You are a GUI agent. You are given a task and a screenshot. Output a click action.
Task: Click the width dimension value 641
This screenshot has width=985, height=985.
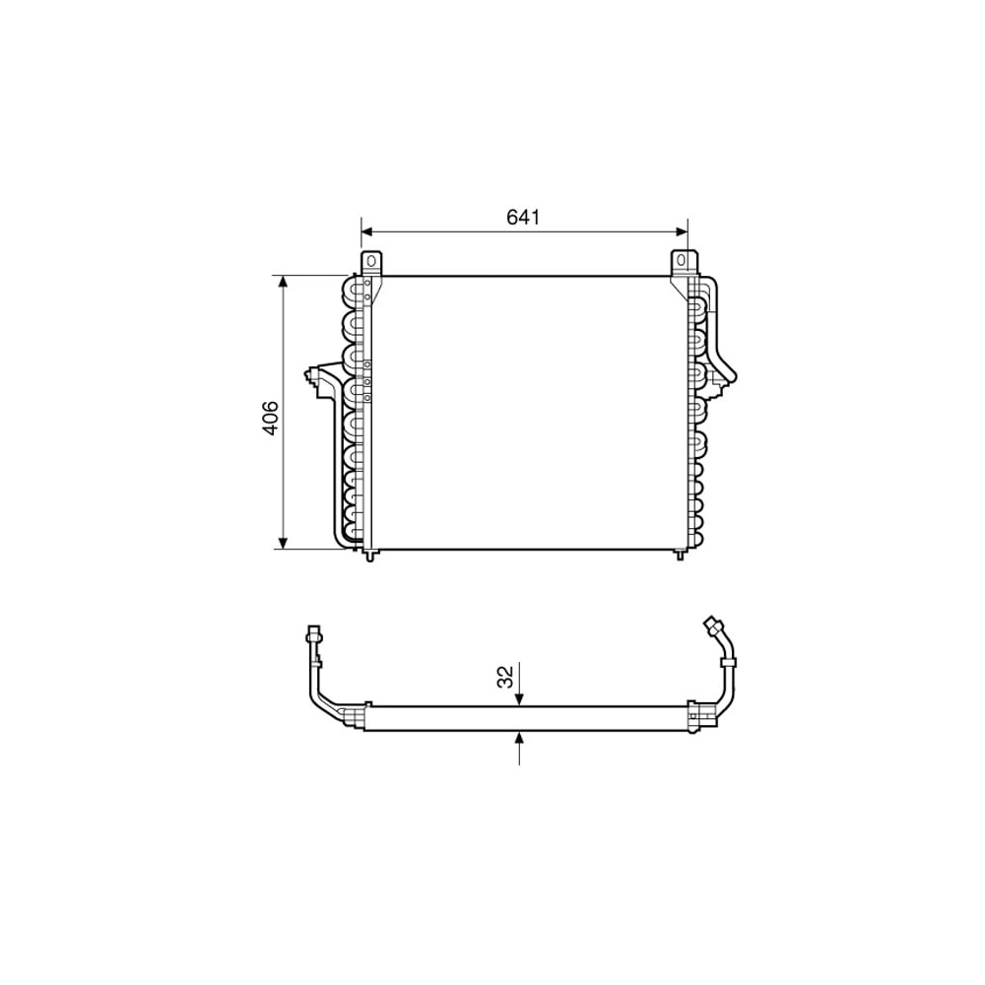point(524,217)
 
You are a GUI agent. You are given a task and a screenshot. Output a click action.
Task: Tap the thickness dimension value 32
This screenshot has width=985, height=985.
point(504,677)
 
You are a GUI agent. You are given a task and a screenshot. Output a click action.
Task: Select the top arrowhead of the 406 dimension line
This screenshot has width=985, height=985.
point(284,282)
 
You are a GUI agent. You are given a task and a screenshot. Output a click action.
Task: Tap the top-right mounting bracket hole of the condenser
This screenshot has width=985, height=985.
point(682,261)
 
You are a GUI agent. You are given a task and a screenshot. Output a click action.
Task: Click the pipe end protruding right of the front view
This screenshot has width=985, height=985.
point(730,371)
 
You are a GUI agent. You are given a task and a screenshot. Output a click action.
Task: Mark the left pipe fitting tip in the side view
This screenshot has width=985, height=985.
point(314,634)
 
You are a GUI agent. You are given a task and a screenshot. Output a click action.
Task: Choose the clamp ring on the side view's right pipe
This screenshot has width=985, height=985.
point(730,669)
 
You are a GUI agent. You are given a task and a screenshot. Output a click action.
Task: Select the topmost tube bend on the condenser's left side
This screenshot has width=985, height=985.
point(350,292)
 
